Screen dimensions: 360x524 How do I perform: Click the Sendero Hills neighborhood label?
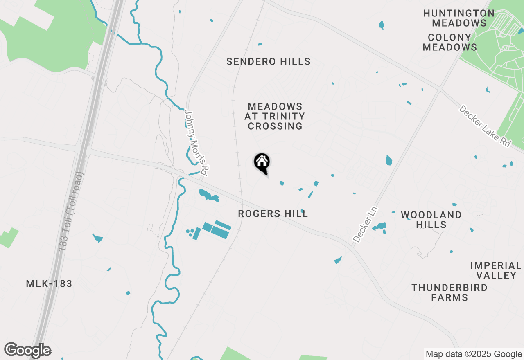(x=268, y=62)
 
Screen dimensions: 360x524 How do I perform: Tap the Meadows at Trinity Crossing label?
(x=275, y=117)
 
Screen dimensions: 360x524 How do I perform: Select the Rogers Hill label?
(x=273, y=214)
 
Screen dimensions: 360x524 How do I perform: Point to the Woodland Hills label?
(x=431, y=220)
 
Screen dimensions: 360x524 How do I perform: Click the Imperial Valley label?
(x=496, y=270)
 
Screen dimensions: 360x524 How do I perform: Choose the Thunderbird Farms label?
(x=449, y=292)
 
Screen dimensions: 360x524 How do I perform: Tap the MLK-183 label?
(x=49, y=283)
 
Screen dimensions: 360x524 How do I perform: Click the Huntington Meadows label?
(x=459, y=18)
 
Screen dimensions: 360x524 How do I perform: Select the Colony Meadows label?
(x=449, y=42)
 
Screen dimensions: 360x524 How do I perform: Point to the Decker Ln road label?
(x=365, y=225)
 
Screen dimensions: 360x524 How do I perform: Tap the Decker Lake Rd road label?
(x=485, y=126)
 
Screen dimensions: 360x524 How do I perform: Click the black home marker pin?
(x=262, y=163)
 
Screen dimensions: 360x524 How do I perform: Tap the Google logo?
(x=28, y=350)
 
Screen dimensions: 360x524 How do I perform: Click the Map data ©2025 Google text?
(x=474, y=354)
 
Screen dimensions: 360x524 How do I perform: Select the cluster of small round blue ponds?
(x=190, y=233)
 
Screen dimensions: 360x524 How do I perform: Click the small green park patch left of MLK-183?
(x=9, y=238)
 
